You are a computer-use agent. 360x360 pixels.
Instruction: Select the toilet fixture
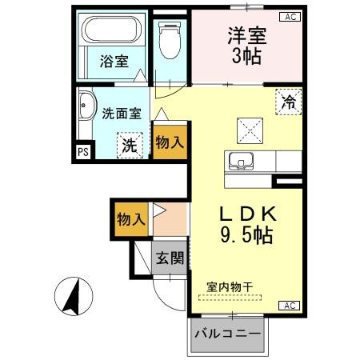pyautogui.click(x=170, y=40)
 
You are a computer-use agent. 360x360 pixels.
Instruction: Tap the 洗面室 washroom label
pyautogui.click(x=120, y=114)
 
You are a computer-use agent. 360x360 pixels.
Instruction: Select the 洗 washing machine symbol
pyautogui.click(x=127, y=145)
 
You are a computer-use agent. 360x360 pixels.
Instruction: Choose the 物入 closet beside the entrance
pyautogui.click(x=130, y=218)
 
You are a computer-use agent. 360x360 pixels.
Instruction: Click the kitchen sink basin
pyautogui.click(x=242, y=161)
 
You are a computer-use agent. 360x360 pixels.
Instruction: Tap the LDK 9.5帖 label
pyautogui.click(x=248, y=225)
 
